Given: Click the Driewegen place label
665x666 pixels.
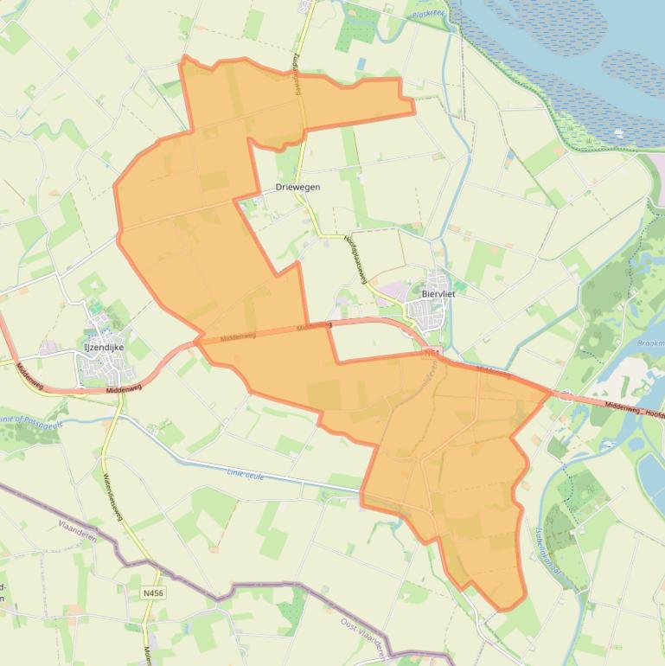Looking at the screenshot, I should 297,187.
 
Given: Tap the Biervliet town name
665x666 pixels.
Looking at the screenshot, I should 438,294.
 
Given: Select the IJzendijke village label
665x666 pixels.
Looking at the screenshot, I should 104,347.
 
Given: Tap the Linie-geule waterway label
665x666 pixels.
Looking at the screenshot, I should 246,473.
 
